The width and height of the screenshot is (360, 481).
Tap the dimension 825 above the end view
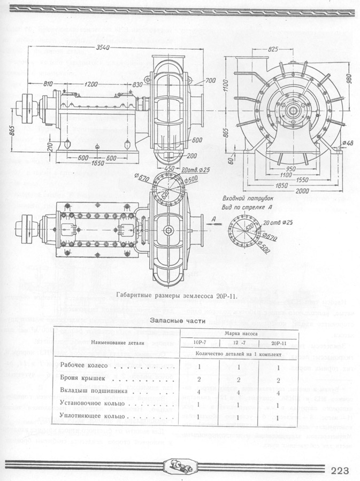coord(273,49)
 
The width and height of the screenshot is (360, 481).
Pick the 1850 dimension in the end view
coord(293,184)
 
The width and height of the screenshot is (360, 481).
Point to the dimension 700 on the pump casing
coord(210,81)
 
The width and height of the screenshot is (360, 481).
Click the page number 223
coord(341,470)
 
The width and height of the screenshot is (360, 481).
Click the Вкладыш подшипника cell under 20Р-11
coord(278,392)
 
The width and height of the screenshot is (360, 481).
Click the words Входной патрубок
coord(246,198)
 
